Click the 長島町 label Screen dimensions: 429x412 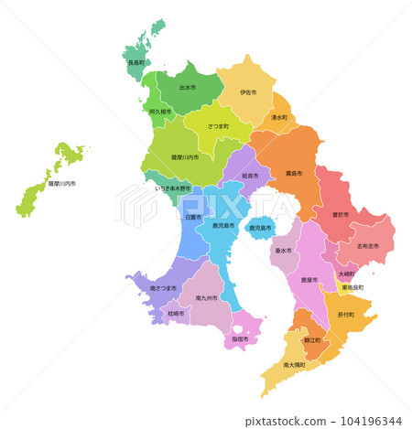[136, 63]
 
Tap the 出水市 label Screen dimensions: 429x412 [187, 88]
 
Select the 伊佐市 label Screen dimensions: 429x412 [248, 92]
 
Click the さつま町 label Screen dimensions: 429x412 [218, 124]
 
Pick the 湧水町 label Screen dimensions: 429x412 [279, 118]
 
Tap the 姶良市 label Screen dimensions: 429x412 [249, 175]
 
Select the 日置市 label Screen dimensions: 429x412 [192, 218]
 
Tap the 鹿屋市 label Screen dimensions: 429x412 [309, 281]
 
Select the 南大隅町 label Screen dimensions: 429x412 [296, 365]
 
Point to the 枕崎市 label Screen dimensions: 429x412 [176, 314]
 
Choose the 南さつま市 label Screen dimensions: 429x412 [163, 288]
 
